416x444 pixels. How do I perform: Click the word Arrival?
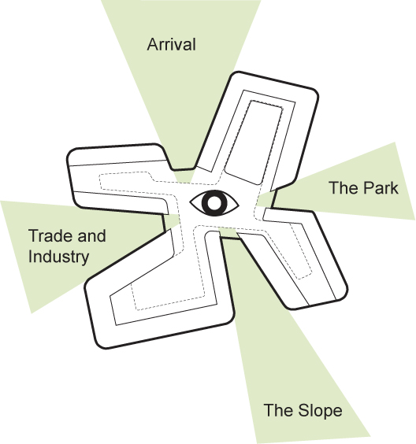[172, 44]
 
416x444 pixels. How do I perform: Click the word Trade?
[51, 235]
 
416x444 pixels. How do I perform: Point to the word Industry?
[58, 257]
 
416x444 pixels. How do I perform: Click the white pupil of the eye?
[214, 203]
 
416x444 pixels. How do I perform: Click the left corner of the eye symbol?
[190, 203]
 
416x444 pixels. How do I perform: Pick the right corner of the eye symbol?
[239, 203]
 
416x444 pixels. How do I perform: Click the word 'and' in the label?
[92, 235]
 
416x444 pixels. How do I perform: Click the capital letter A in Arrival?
[153, 44]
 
